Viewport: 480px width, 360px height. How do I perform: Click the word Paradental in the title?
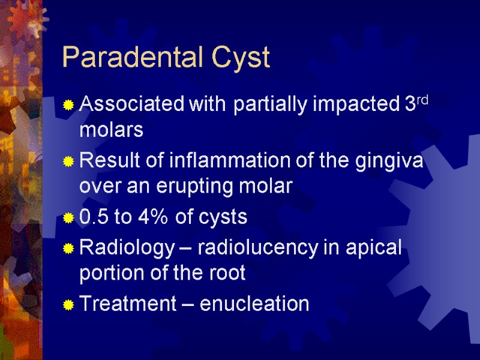129,58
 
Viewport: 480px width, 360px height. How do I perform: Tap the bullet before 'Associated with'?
69,106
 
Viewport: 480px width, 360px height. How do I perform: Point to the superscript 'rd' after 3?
422,100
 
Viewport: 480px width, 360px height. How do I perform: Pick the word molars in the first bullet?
112,130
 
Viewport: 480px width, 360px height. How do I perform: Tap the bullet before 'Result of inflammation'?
69,162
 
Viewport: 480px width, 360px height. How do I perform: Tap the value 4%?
161,217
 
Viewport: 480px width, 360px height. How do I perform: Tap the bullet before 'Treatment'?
69,305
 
